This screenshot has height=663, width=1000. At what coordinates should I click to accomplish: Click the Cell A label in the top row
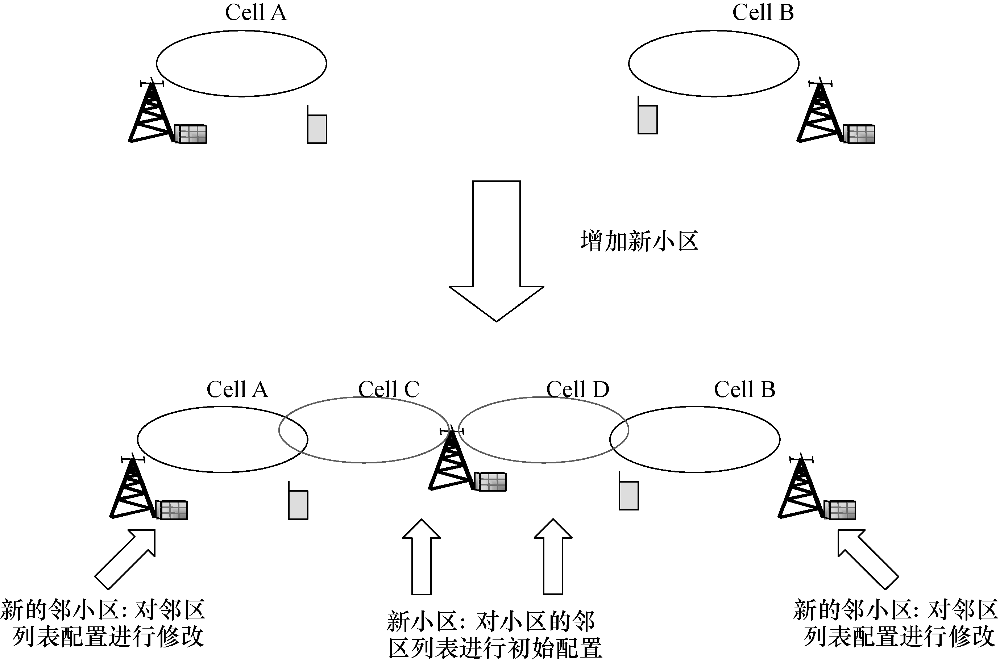(256, 13)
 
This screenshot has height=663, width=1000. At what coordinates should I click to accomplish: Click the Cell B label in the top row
(763, 13)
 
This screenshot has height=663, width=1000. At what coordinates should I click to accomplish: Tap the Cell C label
(388, 389)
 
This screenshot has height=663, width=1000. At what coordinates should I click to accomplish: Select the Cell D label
(577, 389)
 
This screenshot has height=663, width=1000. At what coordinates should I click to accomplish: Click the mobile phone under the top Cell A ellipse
(317, 127)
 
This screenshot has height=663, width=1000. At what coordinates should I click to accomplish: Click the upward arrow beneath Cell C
(421, 558)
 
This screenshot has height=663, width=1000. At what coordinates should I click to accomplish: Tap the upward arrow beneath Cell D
(553, 558)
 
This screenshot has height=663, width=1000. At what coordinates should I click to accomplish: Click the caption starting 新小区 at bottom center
(494, 634)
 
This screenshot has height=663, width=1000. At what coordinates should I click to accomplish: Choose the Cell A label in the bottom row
(237, 389)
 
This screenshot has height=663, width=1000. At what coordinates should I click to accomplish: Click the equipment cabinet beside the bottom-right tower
(840, 509)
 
